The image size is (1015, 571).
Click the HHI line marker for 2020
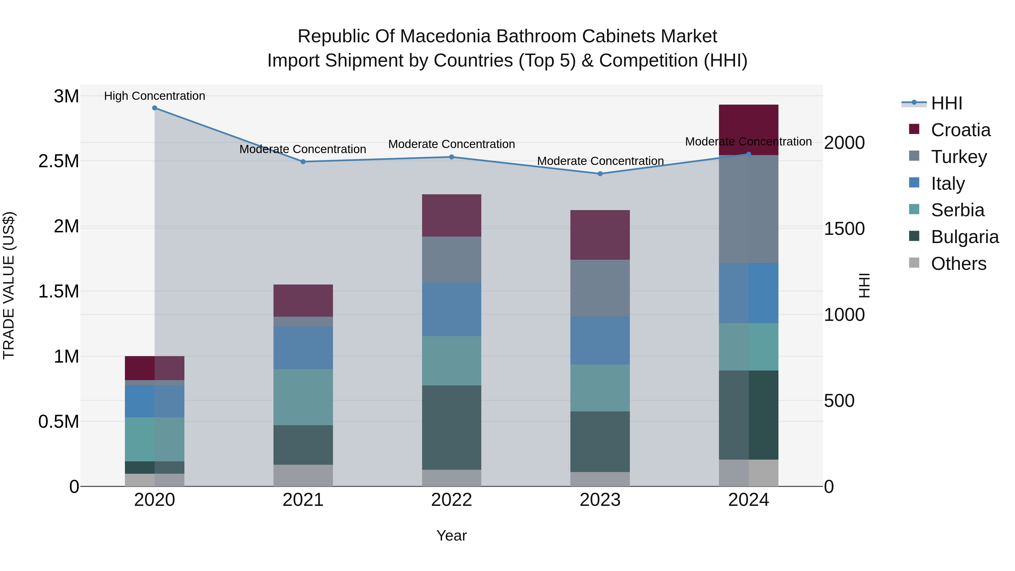(155, 108)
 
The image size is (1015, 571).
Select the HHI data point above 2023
(600, 174)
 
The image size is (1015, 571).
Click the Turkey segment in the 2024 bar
(748, 209)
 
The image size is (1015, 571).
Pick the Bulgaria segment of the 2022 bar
(452, 427)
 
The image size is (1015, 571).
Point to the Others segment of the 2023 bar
(600, 479)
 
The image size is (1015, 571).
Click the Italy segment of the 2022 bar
(452, 309)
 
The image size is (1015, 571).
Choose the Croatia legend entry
(960, 130)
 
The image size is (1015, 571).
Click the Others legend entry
(958, 264)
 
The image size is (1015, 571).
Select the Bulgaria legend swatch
(914, 236)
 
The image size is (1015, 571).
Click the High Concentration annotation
(155, 96)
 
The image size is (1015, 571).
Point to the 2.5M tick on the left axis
(59, 161)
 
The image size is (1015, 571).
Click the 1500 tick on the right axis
(844, 229)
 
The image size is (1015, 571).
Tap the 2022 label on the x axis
(452, 500)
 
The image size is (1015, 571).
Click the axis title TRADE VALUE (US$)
(9, 285)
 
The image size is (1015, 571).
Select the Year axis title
(452, 535)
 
